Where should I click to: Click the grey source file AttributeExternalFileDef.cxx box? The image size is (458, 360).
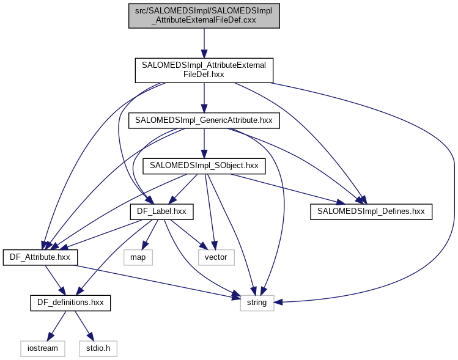pyautogui.click(x=204, y=15)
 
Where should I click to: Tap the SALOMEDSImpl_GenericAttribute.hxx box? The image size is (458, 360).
pyautogui.click(x=204, y=120)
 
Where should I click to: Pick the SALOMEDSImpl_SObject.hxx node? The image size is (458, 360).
pyautogui.click(x=204, y=165)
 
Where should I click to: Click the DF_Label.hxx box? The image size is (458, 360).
pyautogui.click(x=161, y=211)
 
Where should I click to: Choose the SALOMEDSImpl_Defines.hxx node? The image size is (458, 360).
pyautogui.click(x=371, y=211)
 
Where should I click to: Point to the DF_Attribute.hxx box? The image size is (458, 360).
pyautogui.click(x=40, y=257)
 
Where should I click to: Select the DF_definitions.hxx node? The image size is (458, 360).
pyautogui.click(x=70, y=303)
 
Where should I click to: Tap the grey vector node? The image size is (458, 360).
pyautogui.click(x=215, y=257)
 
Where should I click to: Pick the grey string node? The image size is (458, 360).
pyautogui.click(x=257, y=303)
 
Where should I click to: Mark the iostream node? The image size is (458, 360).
pyautogui.click(x=43, y=348)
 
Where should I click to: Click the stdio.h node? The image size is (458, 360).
pyautogui.click(x=97, y=348)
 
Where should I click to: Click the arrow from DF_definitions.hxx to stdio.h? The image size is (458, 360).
pyautogui.click(x=83, y=325)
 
